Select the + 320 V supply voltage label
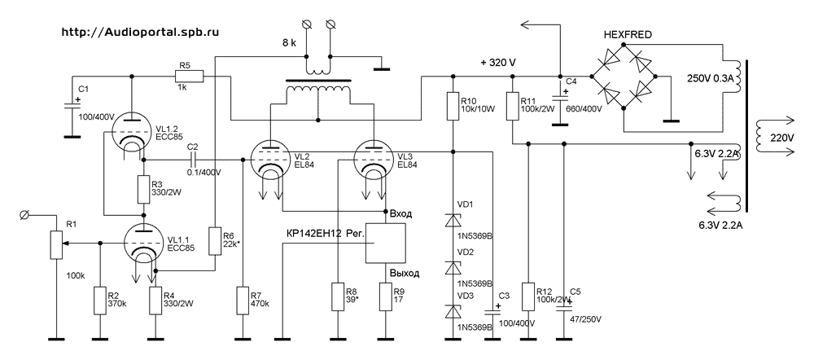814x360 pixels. (503, 63)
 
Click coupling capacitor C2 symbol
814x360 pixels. (192, 160)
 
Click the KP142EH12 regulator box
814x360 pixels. (385, 243)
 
